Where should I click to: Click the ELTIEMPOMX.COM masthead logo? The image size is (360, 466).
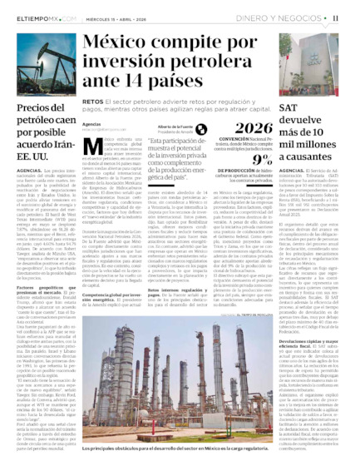[x=41, y=17]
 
